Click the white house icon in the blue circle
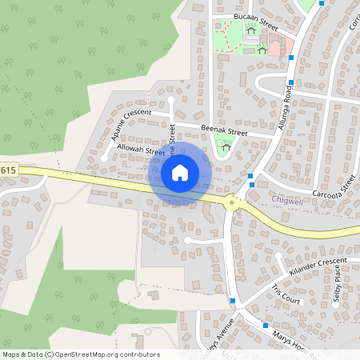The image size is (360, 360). [x=180, y=173]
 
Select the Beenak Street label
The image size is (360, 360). [x=224, y=130]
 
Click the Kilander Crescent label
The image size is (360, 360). [x=319, y=266]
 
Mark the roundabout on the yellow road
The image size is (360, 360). [x=233, y=202]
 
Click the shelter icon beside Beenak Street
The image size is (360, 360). [x=226, y=146]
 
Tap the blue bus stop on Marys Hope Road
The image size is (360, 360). [x=266, y=326]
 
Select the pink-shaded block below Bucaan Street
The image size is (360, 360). [x=274, y=48]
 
